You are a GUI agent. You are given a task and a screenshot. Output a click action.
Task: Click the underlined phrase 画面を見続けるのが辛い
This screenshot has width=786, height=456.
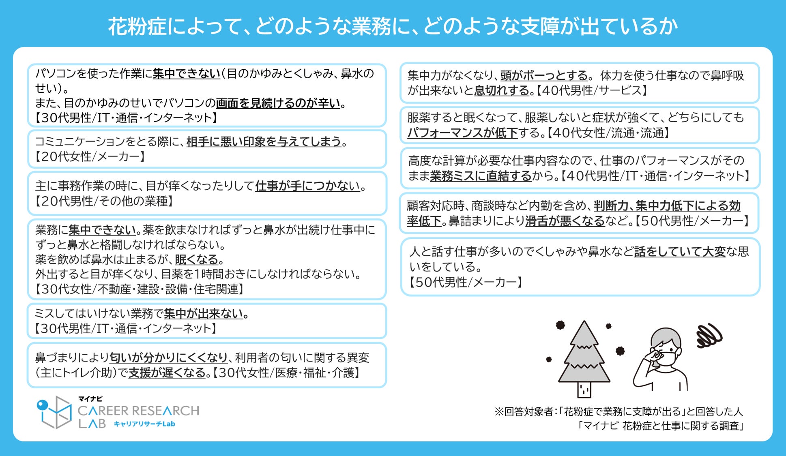(278, 103)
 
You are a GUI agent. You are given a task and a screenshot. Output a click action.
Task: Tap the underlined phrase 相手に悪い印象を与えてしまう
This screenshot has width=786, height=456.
(264, 141)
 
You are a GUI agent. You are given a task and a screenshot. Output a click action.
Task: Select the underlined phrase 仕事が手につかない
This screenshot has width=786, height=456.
(307, 186)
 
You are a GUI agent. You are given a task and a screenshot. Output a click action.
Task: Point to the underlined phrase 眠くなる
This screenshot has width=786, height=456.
(197, 259)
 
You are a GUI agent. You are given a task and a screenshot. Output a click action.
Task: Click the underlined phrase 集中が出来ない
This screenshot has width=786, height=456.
(204, 314)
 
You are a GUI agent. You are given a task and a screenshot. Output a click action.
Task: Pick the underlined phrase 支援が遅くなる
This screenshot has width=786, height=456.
(167, 373)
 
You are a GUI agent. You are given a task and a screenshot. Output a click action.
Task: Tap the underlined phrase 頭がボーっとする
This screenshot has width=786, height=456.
(544, 75)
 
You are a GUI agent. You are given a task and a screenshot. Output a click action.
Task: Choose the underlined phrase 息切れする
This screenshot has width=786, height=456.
(502, 90)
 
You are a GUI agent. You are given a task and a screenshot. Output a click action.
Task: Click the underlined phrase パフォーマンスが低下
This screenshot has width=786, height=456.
(462, 133)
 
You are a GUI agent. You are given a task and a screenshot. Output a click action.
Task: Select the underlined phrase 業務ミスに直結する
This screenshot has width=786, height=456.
(481, 176)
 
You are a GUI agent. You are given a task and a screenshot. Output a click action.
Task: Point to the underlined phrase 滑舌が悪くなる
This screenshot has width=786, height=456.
(565, 221)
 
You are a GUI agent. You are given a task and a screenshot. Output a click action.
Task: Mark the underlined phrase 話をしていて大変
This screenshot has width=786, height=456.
(680, 252)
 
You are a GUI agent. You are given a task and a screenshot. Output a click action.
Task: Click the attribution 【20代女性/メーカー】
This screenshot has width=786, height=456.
(90, 156)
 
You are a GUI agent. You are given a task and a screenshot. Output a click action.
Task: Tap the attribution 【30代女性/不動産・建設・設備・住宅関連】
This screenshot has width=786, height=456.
(140, 289)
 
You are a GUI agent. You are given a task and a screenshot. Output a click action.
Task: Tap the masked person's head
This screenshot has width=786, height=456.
(666, 345)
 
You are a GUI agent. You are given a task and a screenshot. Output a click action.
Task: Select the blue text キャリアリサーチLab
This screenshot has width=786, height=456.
(144, 424)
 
